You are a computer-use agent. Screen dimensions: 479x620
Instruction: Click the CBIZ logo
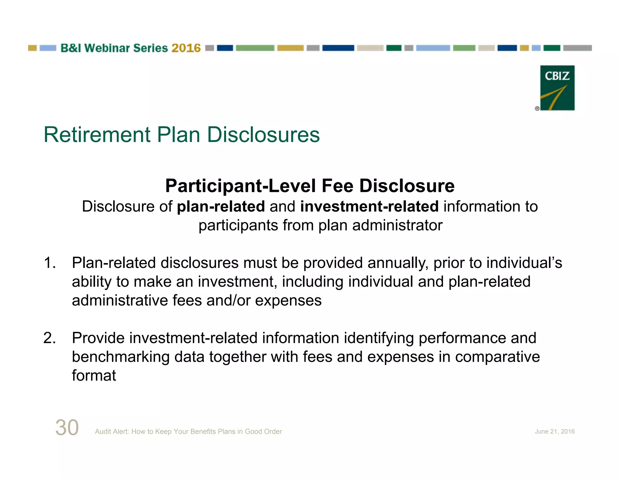tap(557, 88)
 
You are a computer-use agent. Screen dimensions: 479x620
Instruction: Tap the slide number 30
tap(67, 428)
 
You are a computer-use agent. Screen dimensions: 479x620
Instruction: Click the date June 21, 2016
tap(554, 431)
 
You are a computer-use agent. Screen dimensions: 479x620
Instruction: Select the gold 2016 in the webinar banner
tap(186, 48)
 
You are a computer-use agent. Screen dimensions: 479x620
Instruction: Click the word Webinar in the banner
tap(107, 48)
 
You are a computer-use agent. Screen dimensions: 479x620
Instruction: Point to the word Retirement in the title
tap(97, 135)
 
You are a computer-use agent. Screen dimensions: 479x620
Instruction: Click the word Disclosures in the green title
tap(263, 135)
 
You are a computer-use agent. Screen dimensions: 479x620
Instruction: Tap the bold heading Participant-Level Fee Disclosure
tap(310, 186)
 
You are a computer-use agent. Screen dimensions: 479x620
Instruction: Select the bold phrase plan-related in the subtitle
tap(221, 206)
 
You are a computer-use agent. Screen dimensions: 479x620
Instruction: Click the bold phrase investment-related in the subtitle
tap(369, 206)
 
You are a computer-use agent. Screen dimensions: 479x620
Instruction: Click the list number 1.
tap(49, 263)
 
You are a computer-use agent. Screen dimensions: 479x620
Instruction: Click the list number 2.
tap(49, 338)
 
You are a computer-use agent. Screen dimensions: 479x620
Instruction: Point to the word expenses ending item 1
tap(288, 301)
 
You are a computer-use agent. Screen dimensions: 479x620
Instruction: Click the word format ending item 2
tap(94, 376)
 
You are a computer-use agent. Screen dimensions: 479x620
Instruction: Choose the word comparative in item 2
tap(497, 357)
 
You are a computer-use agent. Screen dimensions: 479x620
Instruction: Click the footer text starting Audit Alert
tap(188, 431)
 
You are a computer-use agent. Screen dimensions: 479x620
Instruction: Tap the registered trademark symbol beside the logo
tap(537, 108)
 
